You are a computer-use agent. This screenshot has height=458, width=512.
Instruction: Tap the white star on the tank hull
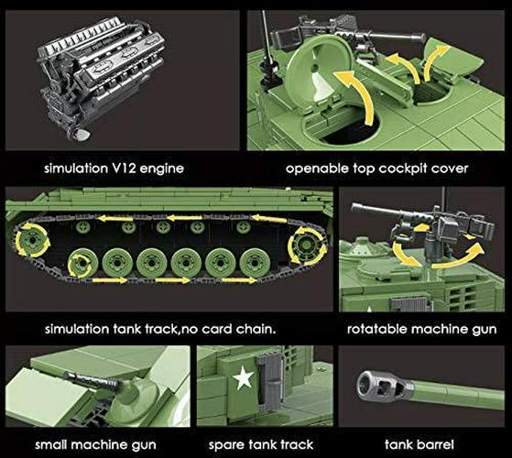click(243, 377)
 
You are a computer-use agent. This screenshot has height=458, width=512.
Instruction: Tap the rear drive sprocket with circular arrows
click(307, 245)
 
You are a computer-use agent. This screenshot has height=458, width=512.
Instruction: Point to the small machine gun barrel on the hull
click(94, 381)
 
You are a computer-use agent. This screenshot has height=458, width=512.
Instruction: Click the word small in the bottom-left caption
click(51, 444)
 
